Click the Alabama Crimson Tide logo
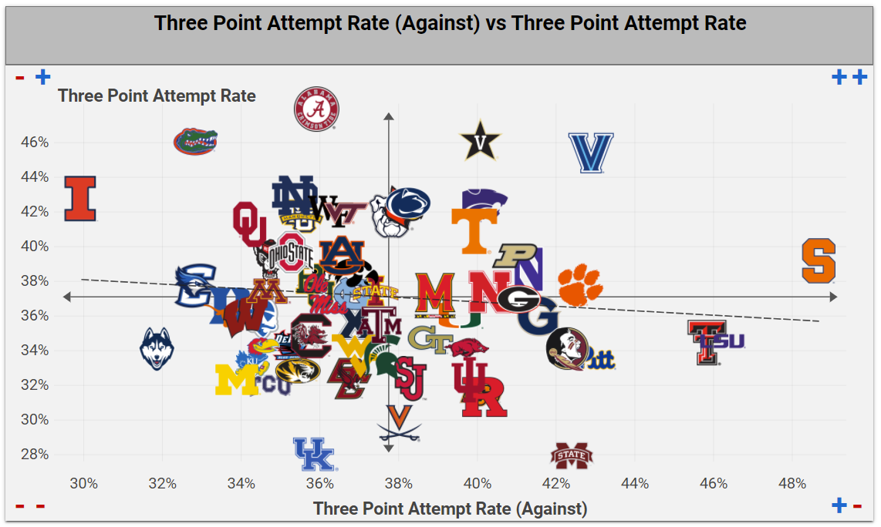(316, 109)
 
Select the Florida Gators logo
(194, 142)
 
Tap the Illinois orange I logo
(80, 199)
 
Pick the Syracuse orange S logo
(819, 261)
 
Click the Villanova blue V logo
(591, 153)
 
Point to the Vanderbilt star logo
(481, 141)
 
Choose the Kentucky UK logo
(314, 455)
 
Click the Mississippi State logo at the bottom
(572, 456)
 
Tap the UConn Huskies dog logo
(157, 348)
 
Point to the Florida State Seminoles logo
(565, 348)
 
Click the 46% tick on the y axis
(35, 143)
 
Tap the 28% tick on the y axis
(35, 455)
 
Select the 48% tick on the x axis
(792, 484)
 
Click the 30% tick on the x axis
(83, 484)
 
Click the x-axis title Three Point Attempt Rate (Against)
(450, 509)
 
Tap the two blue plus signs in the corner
(849, 77)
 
